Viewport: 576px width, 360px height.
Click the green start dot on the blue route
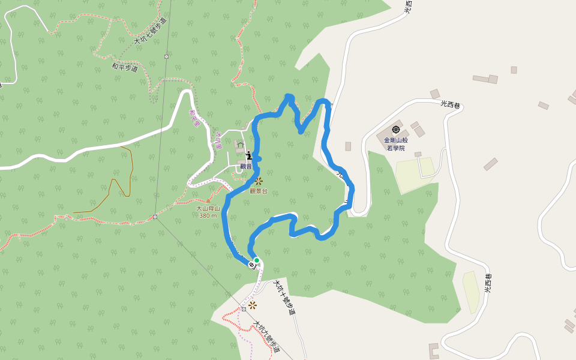pos(256,260)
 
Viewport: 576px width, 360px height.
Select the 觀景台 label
pos(258,191)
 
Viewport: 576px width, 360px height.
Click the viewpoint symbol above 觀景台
pos(259,181)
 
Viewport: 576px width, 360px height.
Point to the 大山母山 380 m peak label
pos(208,212)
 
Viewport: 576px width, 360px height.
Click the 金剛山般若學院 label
pos(395,143)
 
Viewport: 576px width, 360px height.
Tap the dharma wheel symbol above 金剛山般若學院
pos(395,130)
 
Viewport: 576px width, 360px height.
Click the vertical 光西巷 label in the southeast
pos(488,283)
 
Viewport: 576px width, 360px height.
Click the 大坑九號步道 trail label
pos(267,337)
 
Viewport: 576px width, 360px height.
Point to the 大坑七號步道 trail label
pos(149,31)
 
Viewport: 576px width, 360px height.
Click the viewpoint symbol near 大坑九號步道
pos(252,305)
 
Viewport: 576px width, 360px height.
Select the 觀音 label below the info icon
pos(246,166)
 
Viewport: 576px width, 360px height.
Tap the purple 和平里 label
pos(194,118)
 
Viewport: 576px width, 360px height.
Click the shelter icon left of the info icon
pos(240,145)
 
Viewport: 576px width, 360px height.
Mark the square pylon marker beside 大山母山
pos(155,217)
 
